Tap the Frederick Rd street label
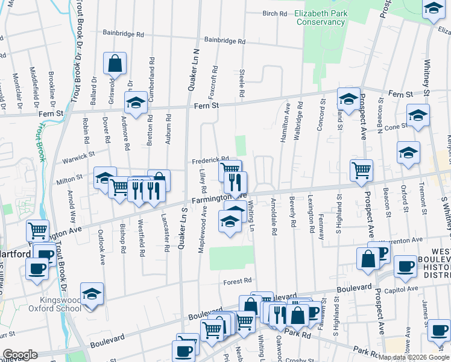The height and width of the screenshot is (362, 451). [210, 161]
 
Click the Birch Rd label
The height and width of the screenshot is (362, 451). [274, 13]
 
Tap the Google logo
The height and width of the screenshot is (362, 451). [19, 355]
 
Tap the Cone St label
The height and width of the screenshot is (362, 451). [396, 127]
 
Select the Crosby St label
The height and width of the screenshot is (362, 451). [298, 360]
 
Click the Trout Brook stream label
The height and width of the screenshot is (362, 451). [40, 142]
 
